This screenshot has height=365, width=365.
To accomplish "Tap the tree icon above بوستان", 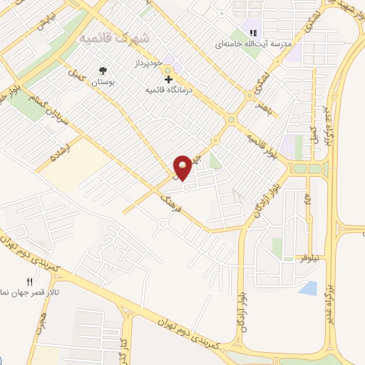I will [x=104, y=70].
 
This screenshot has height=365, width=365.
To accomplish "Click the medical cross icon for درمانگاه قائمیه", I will [x=168, y=79].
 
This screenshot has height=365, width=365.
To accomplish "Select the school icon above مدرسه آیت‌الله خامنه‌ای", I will [x=252, y=32].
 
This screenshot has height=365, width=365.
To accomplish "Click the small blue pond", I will [x=309, y=288].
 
